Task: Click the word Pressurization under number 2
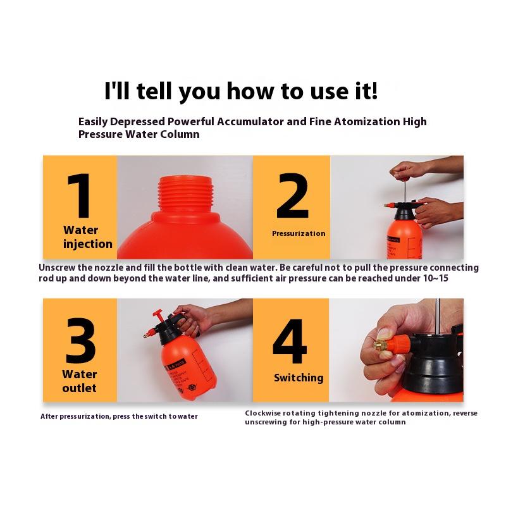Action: [299, 233]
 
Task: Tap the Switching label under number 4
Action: [299, 378]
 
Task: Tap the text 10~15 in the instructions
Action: [435, 278]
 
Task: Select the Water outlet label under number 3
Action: [80, 381]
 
